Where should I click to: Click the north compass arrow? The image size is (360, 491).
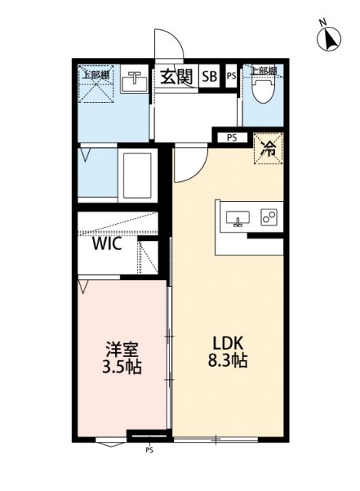pyautogui.click(x=331, y=38)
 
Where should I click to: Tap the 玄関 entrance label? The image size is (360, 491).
pyautogui.click(x=176, y=76)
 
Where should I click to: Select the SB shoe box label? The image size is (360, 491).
pyautogui.click(x=209, y=76)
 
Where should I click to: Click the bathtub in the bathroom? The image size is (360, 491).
pyautogui.click(x=137, y=175)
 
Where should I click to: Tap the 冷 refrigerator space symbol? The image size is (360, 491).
pyautogui.click(x=269, y=148)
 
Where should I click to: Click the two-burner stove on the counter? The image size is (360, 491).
pyautogui.click(x=269, y=218)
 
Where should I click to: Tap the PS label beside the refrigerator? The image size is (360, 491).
pyautogui.click(x=231, y=138)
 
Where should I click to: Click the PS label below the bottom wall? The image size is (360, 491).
pyautogui.click(x=148, y=450)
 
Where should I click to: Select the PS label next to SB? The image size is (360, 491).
pyautogui.click(x=231, y=76)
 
